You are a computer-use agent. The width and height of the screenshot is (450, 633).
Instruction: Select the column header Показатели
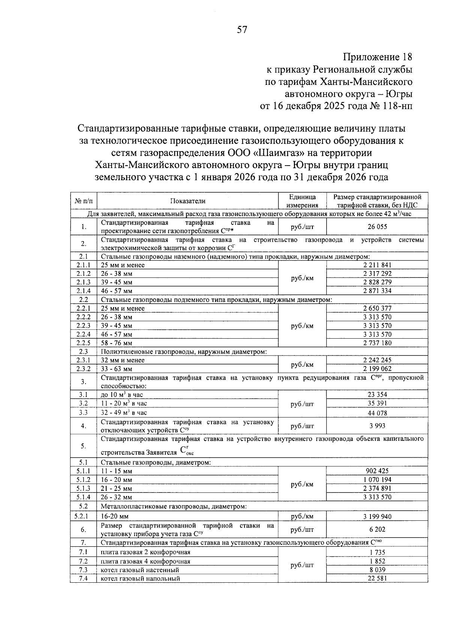coord(187,201)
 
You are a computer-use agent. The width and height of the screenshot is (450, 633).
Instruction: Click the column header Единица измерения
coord(302,201)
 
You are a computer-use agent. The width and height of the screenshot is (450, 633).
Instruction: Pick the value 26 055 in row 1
coord(377,226)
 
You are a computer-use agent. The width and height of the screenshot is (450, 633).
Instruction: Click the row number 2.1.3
coord(83,282)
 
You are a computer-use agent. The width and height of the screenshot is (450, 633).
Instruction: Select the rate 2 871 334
coord(377,291)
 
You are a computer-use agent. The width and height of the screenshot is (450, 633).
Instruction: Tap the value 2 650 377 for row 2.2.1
coord(377,308)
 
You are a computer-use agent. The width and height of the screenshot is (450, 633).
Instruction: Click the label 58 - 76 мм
coord(117,343)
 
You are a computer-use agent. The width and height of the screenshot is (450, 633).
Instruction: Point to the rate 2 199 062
coord(377,369)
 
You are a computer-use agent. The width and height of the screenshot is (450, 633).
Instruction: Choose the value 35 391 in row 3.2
coord(377,403)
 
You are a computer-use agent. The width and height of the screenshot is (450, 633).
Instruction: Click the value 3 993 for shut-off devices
coord(377,426)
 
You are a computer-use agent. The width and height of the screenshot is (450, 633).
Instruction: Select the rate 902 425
coord(377,471)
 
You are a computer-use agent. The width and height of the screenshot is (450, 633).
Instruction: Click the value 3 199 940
coord(377,517)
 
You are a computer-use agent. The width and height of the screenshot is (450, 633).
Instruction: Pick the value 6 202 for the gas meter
coord(377,529)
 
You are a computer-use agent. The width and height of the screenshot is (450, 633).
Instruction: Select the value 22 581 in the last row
coord(377,578)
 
